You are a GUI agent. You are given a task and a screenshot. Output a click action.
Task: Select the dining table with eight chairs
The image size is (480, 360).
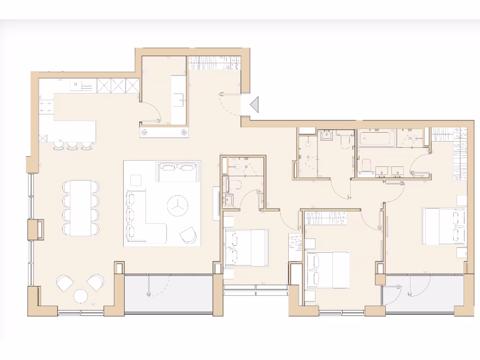(81, 208)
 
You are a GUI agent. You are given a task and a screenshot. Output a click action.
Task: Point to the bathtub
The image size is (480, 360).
(375, 139)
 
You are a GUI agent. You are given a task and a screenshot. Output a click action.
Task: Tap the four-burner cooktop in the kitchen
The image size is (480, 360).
(46, 107)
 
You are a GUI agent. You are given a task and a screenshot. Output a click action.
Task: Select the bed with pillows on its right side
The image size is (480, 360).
(443, 226)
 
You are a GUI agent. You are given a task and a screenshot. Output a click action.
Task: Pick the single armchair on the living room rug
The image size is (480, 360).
(189, 234)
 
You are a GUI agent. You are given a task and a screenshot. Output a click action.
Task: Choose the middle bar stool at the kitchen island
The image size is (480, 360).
(73, 146)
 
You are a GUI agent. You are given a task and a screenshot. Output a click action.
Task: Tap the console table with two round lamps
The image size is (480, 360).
(164, 133)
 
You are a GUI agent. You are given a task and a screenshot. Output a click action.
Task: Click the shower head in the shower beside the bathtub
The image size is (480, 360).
(415, 138)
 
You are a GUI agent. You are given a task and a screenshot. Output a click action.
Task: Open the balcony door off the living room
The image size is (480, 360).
(149, 286)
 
